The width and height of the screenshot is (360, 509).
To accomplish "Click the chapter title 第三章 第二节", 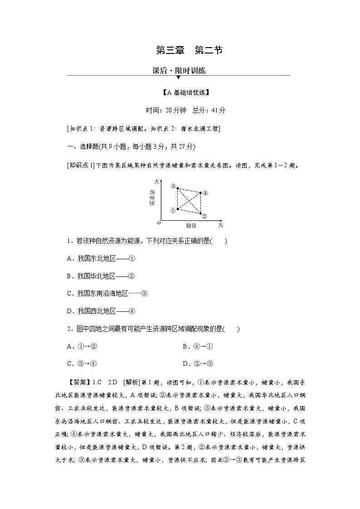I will coord(189,50).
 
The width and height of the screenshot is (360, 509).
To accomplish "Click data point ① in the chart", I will coord(177,209).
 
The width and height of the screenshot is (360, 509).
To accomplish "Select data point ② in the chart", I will coord(200,213).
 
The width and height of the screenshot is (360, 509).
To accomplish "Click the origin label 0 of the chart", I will coord(159,223).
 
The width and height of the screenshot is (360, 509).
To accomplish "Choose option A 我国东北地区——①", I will coord(101,258).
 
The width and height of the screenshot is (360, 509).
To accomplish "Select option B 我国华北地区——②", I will coord(101,276).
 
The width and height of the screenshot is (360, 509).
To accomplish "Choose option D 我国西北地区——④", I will coord(101,311).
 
